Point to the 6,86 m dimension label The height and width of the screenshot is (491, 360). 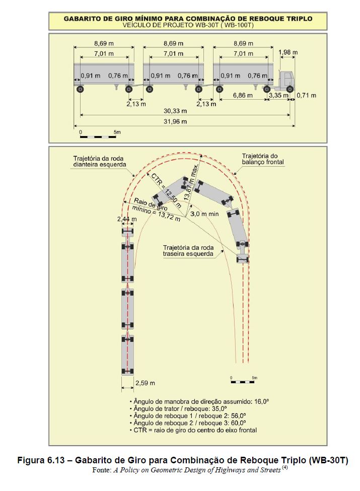243,95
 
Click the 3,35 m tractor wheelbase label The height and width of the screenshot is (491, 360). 278,95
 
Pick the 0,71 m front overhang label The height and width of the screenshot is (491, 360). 307,95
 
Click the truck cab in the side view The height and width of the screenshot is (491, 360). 285,80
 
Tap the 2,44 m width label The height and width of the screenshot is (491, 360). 126,219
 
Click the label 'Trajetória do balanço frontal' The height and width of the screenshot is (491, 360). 263,159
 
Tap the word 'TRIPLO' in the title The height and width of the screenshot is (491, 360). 295,18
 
